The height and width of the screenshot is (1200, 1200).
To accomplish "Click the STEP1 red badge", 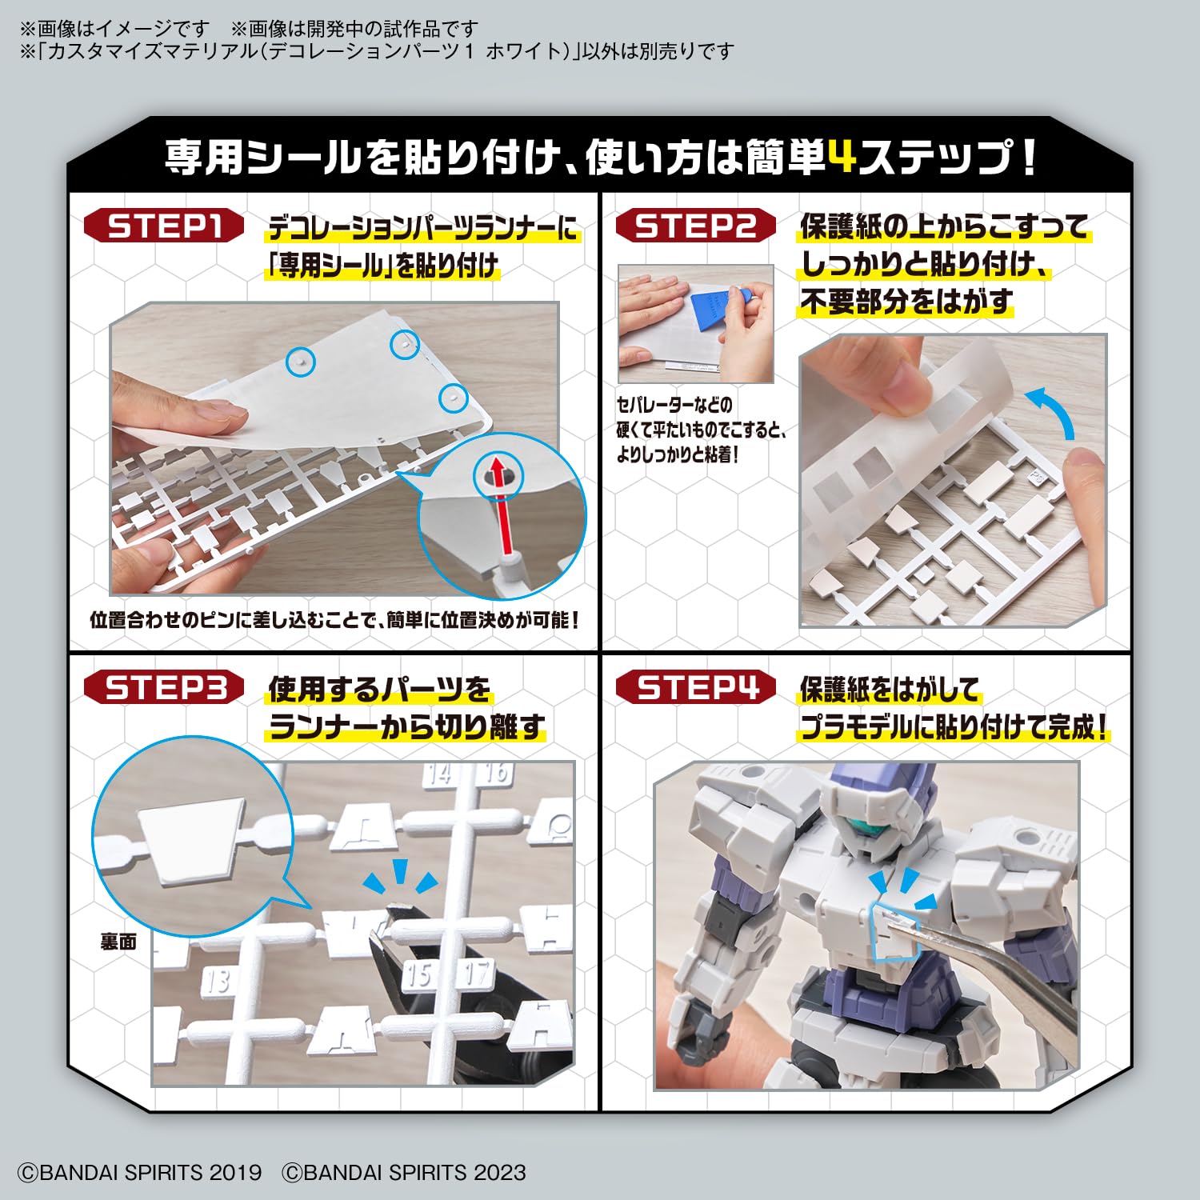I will point(164,226).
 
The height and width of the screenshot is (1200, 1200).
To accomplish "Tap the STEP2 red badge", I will point(695,226).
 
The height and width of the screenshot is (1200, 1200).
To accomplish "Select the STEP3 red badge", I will point(164,688).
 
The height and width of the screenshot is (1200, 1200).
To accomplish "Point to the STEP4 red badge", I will point(695,688).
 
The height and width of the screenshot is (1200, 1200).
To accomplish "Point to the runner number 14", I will point(439,774).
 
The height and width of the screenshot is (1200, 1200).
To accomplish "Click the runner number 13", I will point(217,980).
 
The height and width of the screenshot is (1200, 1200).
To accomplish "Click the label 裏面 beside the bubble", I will point(118,942).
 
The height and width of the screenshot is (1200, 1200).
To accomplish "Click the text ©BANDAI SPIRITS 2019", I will point(140,1173).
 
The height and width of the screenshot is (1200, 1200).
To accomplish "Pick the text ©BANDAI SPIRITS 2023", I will point(404,1173).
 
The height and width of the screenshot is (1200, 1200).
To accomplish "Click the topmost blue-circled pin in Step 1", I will point(405,344).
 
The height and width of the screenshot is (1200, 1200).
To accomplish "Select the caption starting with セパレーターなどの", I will point(701,430).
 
